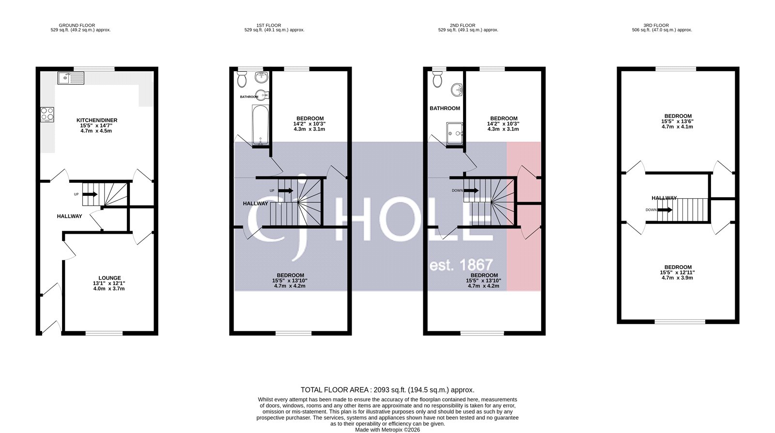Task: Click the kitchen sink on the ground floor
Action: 71,77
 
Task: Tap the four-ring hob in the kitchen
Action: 47,114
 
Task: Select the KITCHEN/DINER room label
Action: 97,120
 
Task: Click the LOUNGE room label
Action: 109,278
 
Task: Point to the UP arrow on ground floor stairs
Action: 90,194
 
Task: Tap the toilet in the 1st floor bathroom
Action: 242,77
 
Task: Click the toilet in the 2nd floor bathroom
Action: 437,79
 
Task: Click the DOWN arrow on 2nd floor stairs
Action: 471,191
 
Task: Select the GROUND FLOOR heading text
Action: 77,25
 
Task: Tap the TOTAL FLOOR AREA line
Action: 387,390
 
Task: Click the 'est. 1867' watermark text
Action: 461,265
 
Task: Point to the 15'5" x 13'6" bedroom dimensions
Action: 678,122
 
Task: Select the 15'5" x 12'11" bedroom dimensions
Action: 678,273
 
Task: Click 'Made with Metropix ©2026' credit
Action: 387,430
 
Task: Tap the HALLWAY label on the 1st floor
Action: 255,204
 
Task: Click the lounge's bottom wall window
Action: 104,333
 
